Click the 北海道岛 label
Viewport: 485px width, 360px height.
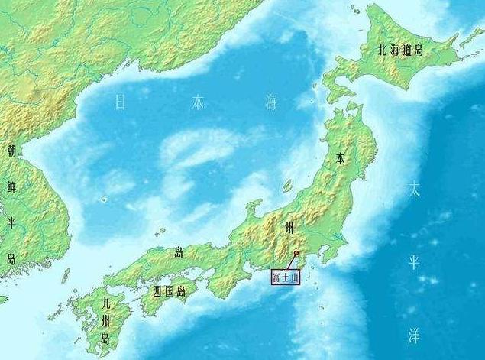pyautogui.click(x=400, y=51)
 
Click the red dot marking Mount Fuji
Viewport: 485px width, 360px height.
pyautogui.click(x=296, y=251)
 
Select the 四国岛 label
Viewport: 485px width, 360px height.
pyautogui.click(x=169, y=291)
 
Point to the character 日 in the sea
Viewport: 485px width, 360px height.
pyautogui.click(x=120, y=103)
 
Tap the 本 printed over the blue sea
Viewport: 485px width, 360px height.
pyautogui.click(x=198, y=102)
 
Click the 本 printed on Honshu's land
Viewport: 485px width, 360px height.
pyautogui.click(x=341, y=159)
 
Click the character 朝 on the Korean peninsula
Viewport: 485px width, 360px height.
pyautogui.click(x=11, y=151)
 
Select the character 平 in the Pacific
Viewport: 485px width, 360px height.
pyautogui.click(x=413, y=262)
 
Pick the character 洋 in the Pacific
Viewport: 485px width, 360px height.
pyautogui.click(x=413, y=336)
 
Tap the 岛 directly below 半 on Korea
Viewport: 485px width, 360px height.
pyautogui.click(x=11, y=258)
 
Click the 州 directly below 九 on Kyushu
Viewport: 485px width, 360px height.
pyautogui.click(x=105, y=320)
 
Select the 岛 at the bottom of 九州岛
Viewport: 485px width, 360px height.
pyautogui.click(x=105, y=339)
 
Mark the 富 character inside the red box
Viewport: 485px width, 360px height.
pyautogui.click(x=276, y=277)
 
